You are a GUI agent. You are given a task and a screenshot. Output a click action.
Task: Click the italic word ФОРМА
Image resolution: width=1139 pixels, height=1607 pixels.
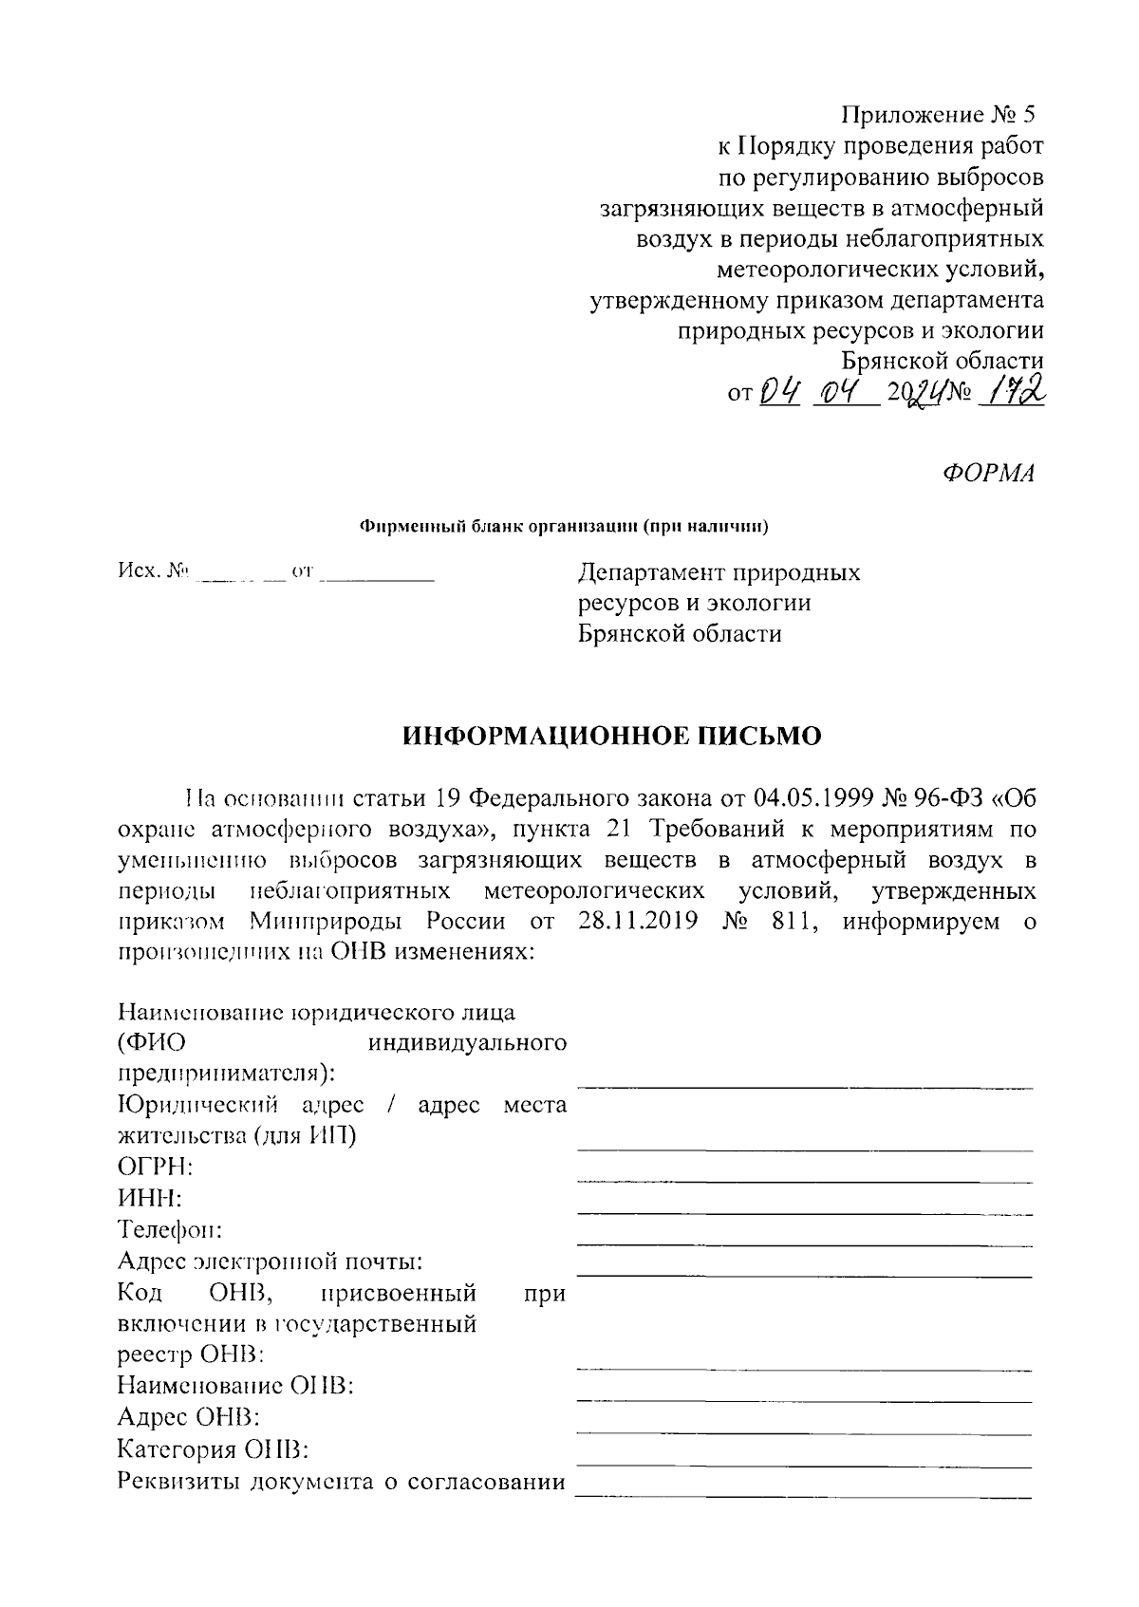988,474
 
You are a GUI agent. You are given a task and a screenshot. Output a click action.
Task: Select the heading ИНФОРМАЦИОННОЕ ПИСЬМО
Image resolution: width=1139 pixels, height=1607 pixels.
611,737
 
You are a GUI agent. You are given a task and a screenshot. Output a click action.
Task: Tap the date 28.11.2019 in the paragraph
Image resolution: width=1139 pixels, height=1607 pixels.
635,921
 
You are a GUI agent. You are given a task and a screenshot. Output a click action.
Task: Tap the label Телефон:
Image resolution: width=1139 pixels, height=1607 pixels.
170,1229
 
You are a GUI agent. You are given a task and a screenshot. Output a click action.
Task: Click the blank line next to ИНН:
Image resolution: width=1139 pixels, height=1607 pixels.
804,1212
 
